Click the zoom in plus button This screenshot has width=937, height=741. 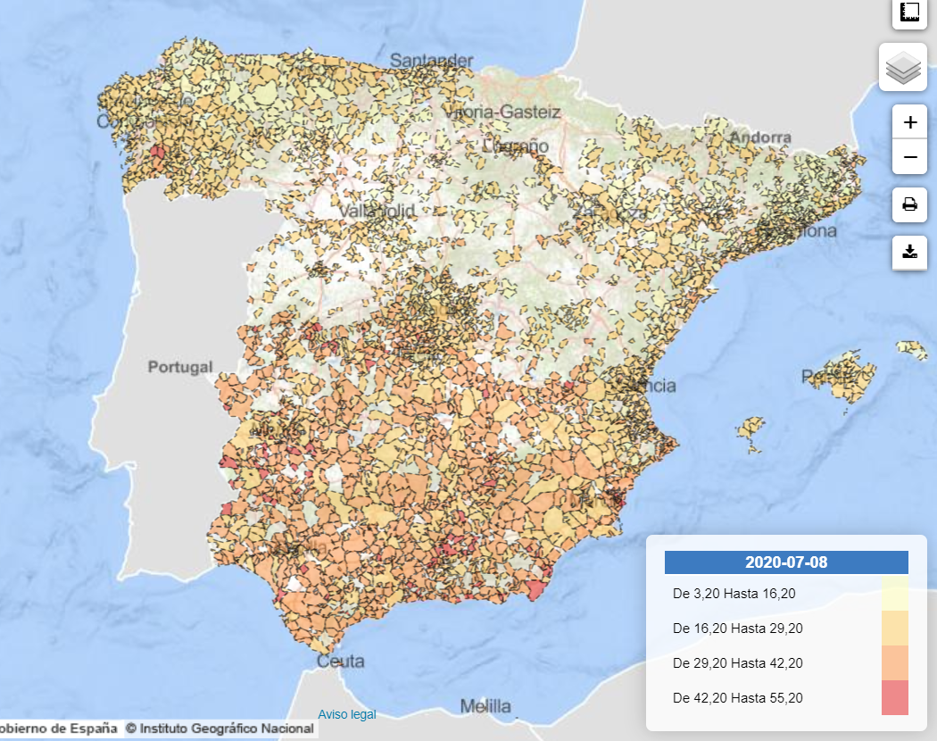(909, 122)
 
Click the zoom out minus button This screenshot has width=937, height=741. (909, 157)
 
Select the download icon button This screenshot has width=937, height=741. (909, 252)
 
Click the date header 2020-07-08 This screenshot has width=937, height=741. (786, 562)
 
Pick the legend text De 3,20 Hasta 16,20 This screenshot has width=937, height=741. (734, 594)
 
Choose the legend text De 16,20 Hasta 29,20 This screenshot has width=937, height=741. (737, 629)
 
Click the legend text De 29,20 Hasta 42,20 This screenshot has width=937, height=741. (737, 663)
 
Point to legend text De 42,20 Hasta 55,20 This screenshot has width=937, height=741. (737, 698)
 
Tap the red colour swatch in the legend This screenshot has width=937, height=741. (894, 697)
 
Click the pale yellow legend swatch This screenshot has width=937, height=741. (894, 593)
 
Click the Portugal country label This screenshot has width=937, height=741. (180, 367)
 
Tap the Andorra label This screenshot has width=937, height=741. (760, 137)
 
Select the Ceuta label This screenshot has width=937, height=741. (341, 662)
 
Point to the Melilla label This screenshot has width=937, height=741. (485, 707)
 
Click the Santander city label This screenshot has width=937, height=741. (432, 61)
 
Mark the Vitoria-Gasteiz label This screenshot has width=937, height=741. (502, 112)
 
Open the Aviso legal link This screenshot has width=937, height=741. (347, 714)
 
